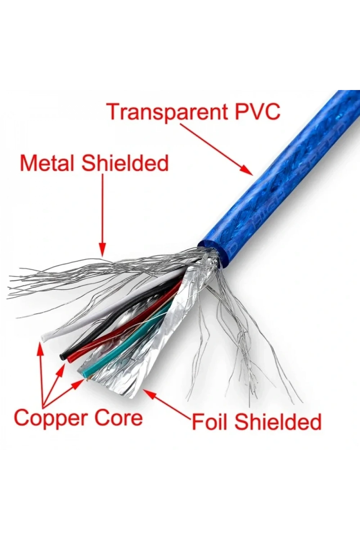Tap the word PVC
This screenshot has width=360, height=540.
click(258, 111)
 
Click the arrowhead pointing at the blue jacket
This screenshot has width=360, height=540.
click(247, 170)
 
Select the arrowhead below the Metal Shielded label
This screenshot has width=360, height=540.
click(103, 249)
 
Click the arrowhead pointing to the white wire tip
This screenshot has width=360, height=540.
click(40, 349)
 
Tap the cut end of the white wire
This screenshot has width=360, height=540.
click(44, 337)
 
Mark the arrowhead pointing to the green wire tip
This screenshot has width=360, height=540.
click(77, 384)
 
